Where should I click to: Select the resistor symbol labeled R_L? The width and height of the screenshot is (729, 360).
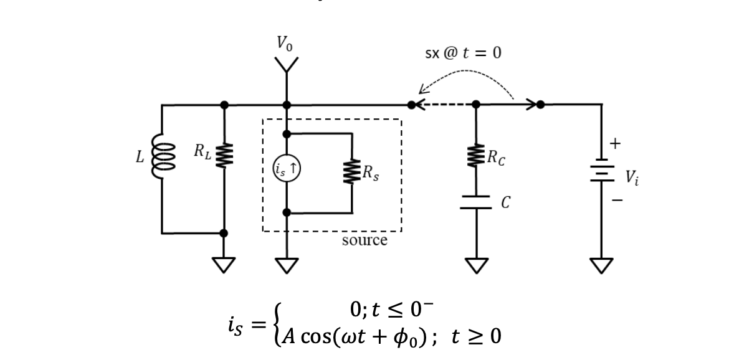coord(224,155)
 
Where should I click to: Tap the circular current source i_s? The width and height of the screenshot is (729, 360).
coord(287,169)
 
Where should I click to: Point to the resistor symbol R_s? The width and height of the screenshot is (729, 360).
coord(352,171)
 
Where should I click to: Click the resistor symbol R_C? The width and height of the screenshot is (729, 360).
coord(475,156)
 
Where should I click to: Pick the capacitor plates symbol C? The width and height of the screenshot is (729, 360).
coord(475,202)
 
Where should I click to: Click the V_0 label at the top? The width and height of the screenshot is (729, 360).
coord(285,43)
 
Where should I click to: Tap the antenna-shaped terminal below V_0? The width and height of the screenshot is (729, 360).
coord(287,65)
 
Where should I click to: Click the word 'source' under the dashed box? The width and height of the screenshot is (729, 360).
coord(364,240)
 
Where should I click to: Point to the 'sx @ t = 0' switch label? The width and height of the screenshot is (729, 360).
coord(463,52)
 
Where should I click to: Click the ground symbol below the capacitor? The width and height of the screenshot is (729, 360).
coord(476,265)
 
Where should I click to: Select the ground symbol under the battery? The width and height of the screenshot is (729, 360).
coord(601,265)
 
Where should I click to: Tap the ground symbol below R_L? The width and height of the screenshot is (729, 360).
coord(224,265)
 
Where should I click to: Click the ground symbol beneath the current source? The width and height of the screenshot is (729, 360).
coord(287,265)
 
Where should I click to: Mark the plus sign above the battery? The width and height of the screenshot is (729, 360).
coord(615,143)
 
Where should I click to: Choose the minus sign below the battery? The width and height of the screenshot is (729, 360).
coord(617,200)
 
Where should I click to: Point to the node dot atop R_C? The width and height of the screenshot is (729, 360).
coord(475,105)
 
